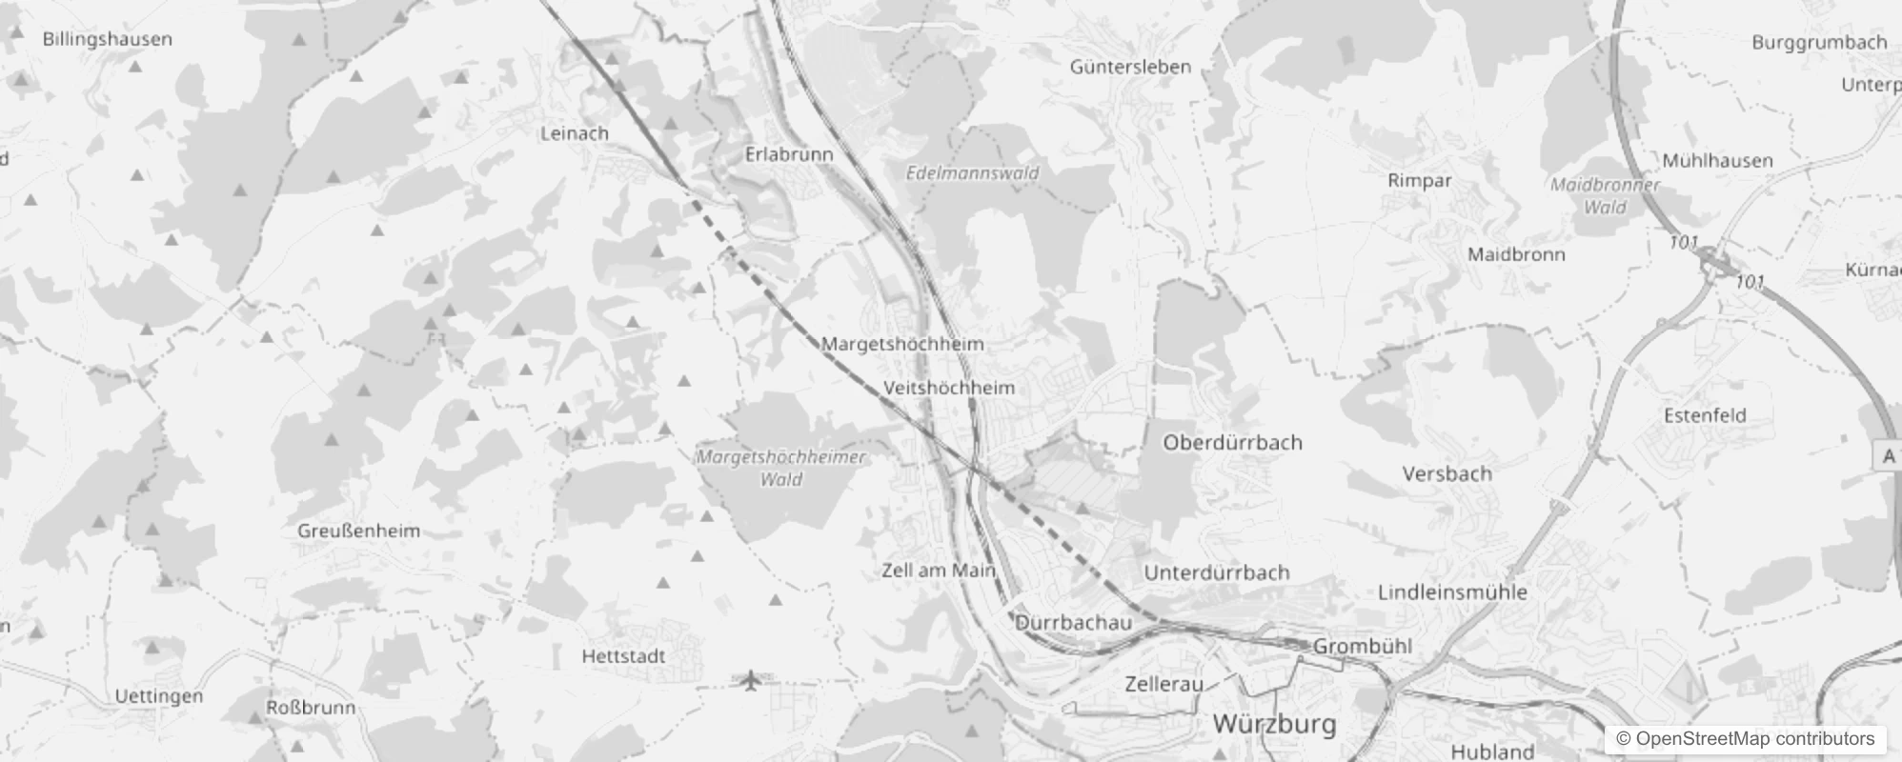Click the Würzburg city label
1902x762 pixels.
(1274, 724)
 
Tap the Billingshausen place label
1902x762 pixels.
(108, 39)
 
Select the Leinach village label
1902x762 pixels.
(574, 133)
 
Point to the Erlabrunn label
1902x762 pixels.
(788, 154)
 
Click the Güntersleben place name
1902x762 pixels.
(1130, 67)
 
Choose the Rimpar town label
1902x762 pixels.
(1419, 180)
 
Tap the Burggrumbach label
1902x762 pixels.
(1818, 42)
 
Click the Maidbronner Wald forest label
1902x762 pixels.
(1605, 195)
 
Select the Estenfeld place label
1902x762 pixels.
(1704, 415)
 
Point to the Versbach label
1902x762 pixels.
(1447, 473)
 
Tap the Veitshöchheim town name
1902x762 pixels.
(948, 388)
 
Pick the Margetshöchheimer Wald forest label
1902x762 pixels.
(781, 468)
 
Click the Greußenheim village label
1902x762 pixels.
(358, 531)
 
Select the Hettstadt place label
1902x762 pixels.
(623, 656)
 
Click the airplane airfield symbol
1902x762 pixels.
(751, 680)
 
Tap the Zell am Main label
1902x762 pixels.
(938, 571)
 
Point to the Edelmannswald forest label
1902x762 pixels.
(972, 173)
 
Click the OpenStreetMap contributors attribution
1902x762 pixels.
(1744, 739)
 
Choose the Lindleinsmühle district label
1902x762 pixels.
(1452, 592)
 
